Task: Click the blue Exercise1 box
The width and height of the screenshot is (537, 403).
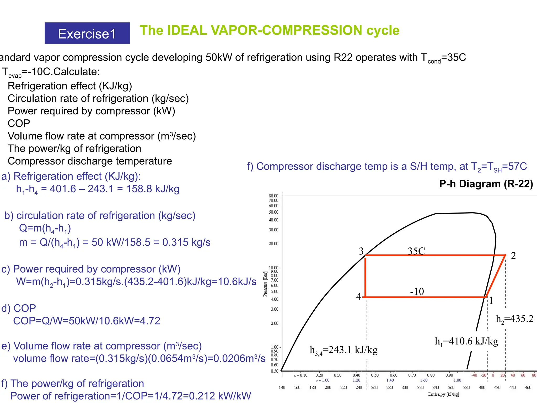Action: pyautogui.click(x=87, y=33)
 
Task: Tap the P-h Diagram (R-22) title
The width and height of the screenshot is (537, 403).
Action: pyautogui.click(x=486, y=184)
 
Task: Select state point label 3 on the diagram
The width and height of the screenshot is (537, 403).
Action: pyautogui.click(x=361, y=251)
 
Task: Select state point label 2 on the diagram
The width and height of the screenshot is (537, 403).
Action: pyautogui.click(x=513, y=256)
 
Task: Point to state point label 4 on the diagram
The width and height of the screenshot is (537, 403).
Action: pyautogui.click(x=358, y=297)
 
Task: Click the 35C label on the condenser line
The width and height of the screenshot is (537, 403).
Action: pyautogui.click(x=416, y=251)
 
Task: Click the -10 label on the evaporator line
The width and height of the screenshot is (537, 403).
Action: pyautogui.click(x=417, y=291)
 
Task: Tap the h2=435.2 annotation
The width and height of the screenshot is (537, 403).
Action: pyautogui.click(x=514, y=319)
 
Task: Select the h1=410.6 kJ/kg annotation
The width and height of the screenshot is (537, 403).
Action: pyautogui.click(x=466, y=341)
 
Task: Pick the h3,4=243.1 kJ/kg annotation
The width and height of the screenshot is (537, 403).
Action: pyautogui.click(x=343, y=350)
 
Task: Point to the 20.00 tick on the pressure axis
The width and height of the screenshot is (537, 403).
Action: pyautogui.click(x=273, y=244)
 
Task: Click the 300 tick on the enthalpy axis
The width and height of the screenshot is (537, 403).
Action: pyautogui.click(x=405, y=388)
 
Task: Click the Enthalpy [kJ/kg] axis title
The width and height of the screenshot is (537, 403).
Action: pyautogui.click(x=443, y=394)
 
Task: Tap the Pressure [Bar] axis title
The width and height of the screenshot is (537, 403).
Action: pyautogui.click(x=265, y=284)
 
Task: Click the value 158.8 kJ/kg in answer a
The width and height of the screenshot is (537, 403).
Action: pyautogui.click(x=153, y=189)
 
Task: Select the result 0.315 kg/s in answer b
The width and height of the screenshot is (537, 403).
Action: pyautogui.click(x=186, y=242)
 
